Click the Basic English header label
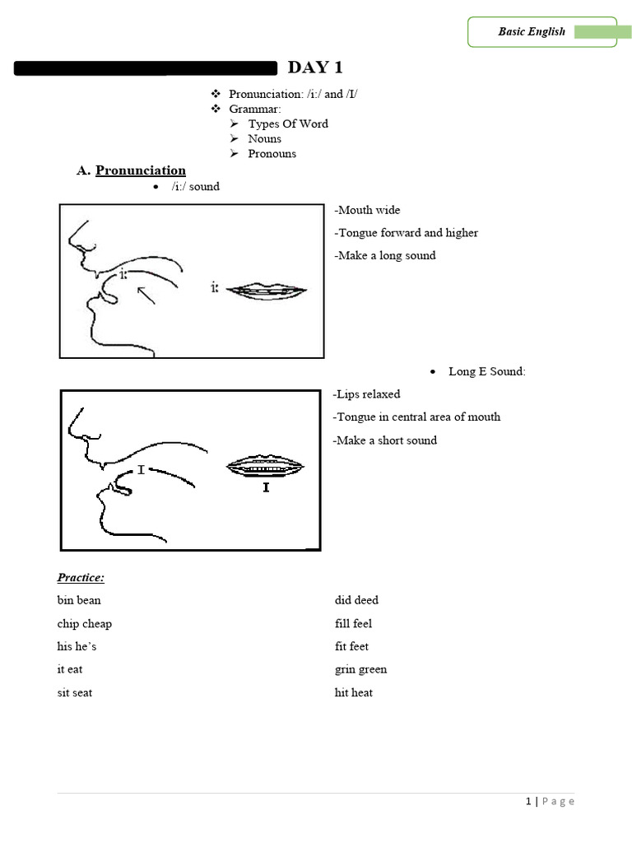coord(532,32)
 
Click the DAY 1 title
coord(314,68)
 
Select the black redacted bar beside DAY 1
coord(146,68)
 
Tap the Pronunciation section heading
coord(140,170)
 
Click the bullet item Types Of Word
coord(288,123)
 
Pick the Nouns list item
coord(264,138)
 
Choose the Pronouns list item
coord(272,153)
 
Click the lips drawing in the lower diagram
coord(266,467)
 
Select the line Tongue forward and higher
coord(406,233)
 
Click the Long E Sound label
coord(486,371)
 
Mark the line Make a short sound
coord(384,440)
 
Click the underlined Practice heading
coord(81,578)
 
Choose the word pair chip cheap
coord(85,624)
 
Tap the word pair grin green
coord(360,669)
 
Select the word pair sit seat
coord(75,692)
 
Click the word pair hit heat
coord(353,692)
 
